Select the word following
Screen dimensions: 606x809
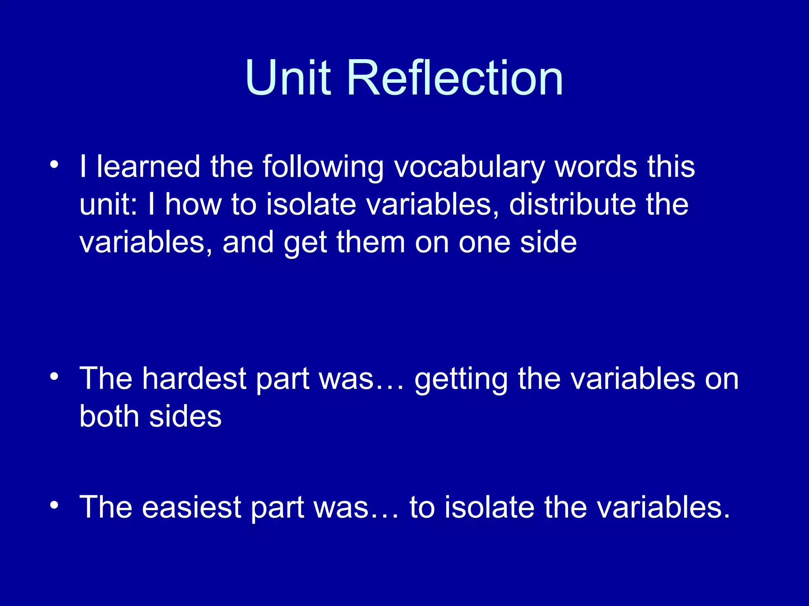[323, 167]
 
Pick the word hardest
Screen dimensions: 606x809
[194, 379]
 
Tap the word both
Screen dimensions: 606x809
[109, 417]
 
